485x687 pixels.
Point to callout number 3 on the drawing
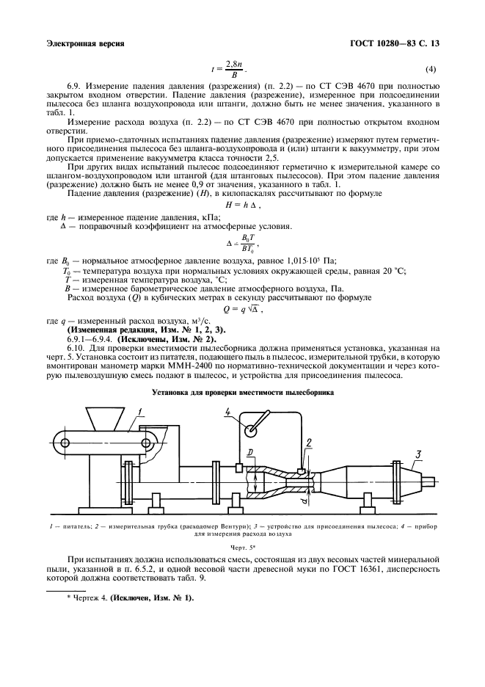point(419,454)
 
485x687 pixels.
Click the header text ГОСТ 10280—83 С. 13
point(396,43)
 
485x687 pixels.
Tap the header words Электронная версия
point(84,43)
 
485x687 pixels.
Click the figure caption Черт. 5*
point(241,548)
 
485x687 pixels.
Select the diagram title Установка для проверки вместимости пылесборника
point(242,393)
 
